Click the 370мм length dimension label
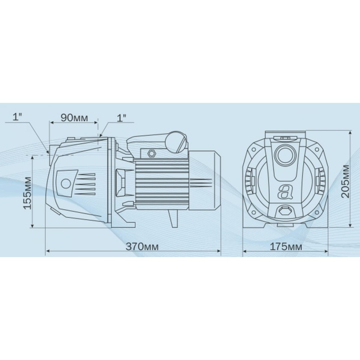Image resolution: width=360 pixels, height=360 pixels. (x=142, y=246)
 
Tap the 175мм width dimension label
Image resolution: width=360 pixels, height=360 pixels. (x=286, y=246)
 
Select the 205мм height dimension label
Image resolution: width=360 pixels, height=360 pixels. (x=345, y=181)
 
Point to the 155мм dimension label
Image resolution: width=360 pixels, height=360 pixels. (x=28, y=193)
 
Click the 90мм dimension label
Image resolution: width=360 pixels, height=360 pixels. (x=74, y=117)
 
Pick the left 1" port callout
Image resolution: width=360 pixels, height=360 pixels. (x=17, y=117)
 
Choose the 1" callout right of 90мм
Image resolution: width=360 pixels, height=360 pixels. (x=121, y=117)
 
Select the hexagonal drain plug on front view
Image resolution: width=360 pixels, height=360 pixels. (x=285, y=210)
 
